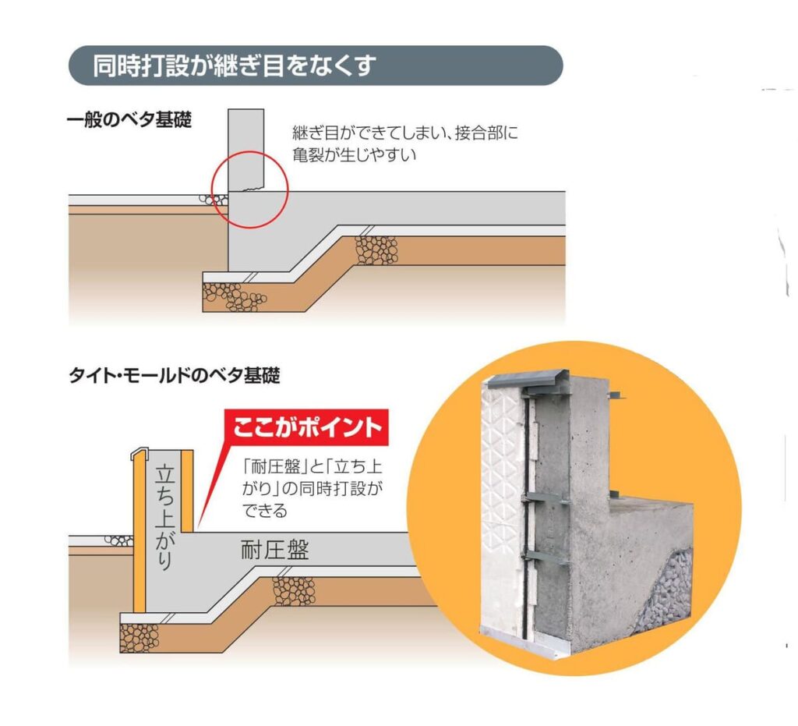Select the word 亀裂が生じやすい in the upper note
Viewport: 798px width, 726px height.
click(x=355, y=154)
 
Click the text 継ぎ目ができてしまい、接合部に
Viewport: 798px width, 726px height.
click(x=404, y=133)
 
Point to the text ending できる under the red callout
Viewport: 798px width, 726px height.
click(x=265, y=512)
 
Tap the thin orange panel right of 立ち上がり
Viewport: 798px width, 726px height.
click(x=188, y=487)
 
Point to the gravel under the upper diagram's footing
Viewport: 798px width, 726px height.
click(x=235, y=296)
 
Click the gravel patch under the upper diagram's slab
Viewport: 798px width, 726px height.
click(x=376, y=250)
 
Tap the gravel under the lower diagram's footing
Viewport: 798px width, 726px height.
click(x=139, y=637)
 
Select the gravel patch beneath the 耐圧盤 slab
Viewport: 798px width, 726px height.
click(x=294, y=590)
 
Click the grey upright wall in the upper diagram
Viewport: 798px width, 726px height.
click(x=248, y=148)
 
